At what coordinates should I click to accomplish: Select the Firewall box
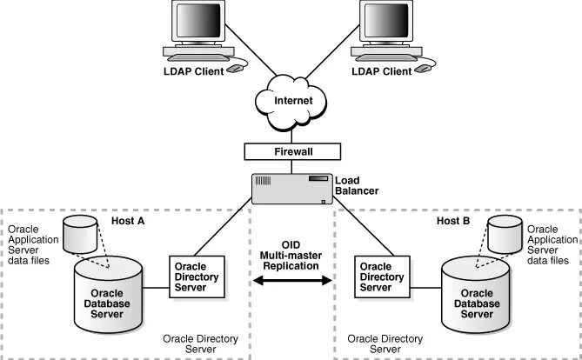pyautogui.click(x=292, y=151)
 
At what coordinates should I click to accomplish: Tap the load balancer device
pyautogui.click(x=292, y=189)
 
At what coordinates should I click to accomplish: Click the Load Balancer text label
pyautogui.click(x=357, y=185)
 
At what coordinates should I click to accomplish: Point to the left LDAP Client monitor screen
pyautogui.click(x=198, y=20)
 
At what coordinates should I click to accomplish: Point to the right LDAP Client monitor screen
pyautogui.click(x=386, y=20)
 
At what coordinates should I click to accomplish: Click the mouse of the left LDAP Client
pyautogui.click(x=235, y=69)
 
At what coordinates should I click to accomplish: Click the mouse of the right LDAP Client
pyautogui.click(x=423, y=69)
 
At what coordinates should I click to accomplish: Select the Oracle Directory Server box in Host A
pyautogui.click(x=197, y=277)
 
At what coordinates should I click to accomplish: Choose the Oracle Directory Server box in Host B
pyautogui.click(x=382, y=277)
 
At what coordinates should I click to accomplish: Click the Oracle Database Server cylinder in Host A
pyautogui.click(x=108, y=295)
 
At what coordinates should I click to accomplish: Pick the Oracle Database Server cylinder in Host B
pyautogui.click(x=476, y=295)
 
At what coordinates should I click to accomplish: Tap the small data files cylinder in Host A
pyautogui.click(x=80, y=234)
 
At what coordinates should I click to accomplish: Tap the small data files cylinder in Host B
pyautogui.click(x=505, y=234)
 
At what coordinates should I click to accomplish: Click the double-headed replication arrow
pyautogui.click(x=292, y=280)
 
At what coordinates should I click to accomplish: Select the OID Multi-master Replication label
pyautogui.click(x=291, y=256)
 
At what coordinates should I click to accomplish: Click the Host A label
pyautogui.click(x=128, y=221)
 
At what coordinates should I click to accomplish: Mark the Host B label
pyautogui.click(x=453, y=221)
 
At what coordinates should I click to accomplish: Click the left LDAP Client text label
pyautogui.click(x=194, y=71)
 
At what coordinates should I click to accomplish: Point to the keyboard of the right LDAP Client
pyautogui.click(x=385, y=57)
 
